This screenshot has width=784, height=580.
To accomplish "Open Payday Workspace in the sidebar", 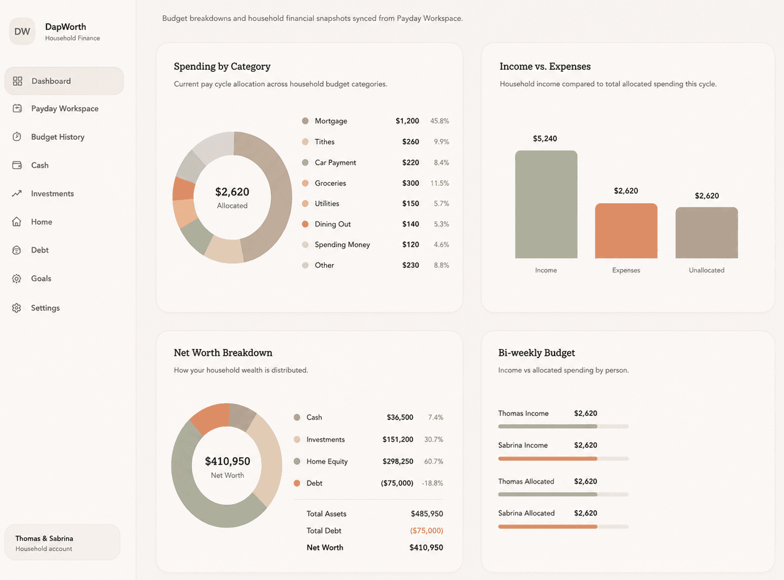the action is coord(65,109).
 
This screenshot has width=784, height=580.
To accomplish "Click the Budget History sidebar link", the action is coord(58,137).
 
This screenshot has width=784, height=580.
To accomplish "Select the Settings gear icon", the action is coord(16,308).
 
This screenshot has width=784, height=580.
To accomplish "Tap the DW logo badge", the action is coord(22,32).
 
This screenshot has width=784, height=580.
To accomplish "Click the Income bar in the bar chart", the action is coord(546,204).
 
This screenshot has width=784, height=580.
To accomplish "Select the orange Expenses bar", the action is coord(626,231).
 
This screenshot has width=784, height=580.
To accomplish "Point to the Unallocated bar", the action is coord(706,233).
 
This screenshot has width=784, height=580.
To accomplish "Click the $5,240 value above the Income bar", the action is coord(545,139).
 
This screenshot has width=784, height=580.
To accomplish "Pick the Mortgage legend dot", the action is coord(305,121).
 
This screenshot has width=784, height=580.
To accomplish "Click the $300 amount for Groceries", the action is coord(410,183).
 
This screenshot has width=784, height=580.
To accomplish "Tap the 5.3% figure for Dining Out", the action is coord(441,224).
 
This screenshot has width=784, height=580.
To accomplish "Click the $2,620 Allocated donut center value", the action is coord(232,192).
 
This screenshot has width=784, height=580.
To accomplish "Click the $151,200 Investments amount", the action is coord(398,440).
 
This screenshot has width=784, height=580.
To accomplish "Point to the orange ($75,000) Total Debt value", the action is coord(427,531).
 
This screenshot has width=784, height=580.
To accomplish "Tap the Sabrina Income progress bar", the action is coord(564,458).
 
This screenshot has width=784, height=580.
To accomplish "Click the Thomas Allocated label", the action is coord(526,481).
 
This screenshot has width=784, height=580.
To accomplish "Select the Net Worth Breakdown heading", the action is coord(223,353).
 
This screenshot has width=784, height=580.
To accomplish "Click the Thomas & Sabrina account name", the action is coord(44,538).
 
